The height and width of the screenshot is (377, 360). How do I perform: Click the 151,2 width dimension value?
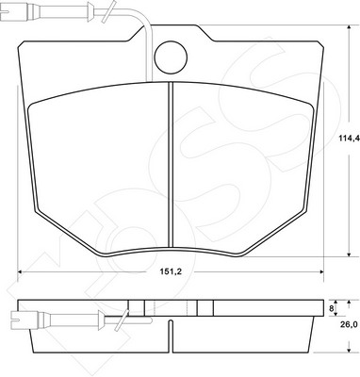pos(172,272)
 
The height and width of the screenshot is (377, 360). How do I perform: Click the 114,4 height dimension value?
pos(349,138)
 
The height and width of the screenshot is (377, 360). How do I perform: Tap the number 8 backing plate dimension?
pos(331,308)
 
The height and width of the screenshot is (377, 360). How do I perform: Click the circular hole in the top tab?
pos(171,57)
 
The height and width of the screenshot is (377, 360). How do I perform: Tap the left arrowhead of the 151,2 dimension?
pos(20,271)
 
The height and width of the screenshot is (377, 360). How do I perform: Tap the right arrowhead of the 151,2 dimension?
pos(320,271)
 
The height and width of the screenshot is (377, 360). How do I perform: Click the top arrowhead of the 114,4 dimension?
pos(349,28)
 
